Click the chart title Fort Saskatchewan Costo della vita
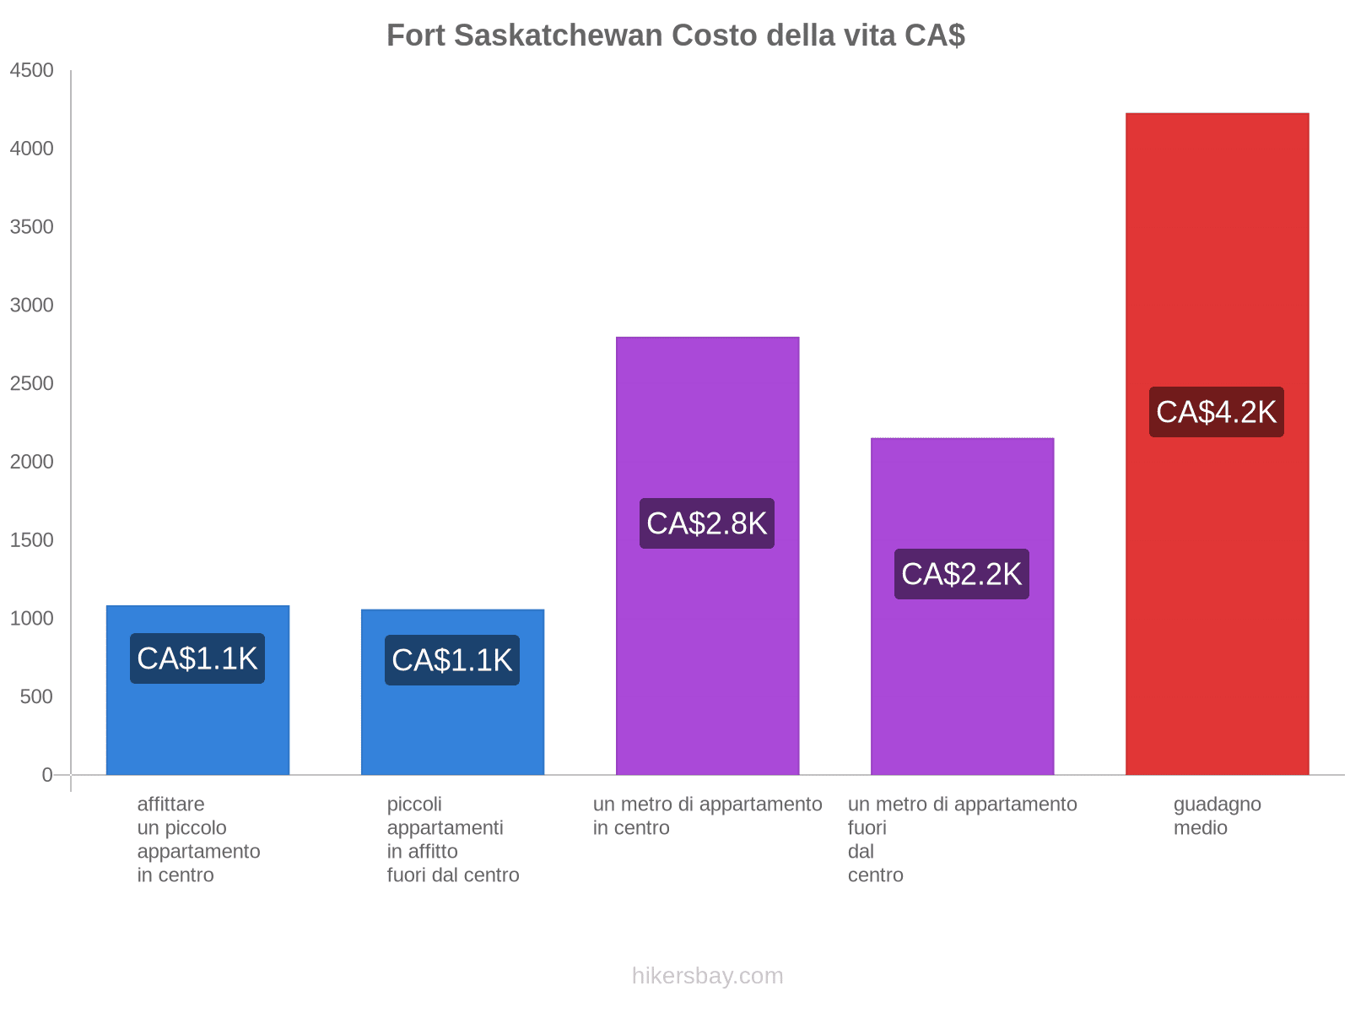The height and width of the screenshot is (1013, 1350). tap(675, 35)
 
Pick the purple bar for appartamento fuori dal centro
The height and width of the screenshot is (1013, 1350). tap(962, 675)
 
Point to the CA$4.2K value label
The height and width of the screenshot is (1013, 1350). tap(1216, 412)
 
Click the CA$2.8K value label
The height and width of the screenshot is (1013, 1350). tap(706, 523)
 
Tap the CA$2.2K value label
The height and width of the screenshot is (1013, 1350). tap(961, 574)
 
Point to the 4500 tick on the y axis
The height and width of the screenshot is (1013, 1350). tap(31, 71)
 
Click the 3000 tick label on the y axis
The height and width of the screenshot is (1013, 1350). tap(31, 306)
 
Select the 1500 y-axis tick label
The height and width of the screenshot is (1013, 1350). tap(31, 540)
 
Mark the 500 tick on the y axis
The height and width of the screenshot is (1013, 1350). tap(36, 697)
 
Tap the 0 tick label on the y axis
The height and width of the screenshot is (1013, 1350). tap(47, 775)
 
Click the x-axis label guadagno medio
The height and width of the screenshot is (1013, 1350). tap(1217, 815)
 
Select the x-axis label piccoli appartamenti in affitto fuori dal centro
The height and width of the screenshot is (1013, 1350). tap(452, 839)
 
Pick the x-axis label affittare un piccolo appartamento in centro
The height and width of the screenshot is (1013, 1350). tap(198, 839)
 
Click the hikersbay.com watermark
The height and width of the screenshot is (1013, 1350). tap(707, 976)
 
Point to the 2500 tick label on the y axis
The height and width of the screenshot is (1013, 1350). tap(31, 384)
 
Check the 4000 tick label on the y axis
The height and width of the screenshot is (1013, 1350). tap(31, 149)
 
